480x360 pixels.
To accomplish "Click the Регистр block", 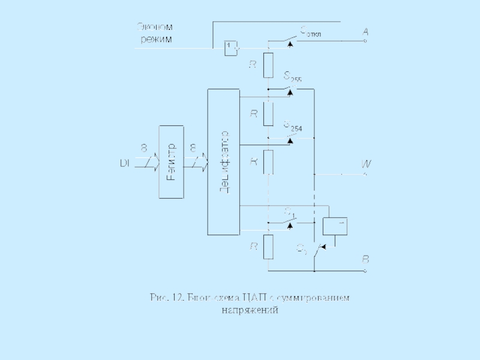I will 171,162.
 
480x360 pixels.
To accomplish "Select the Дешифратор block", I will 223,162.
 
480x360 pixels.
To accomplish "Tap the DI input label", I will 124,163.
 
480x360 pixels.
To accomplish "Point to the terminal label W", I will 365,164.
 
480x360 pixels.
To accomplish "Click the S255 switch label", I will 292,76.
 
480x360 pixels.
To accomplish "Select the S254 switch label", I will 292,125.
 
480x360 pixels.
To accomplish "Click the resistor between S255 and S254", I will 268,113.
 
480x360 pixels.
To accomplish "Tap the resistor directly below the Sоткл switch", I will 268,64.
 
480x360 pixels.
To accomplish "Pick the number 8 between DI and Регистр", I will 143,148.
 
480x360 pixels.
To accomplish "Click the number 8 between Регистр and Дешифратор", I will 193,148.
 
